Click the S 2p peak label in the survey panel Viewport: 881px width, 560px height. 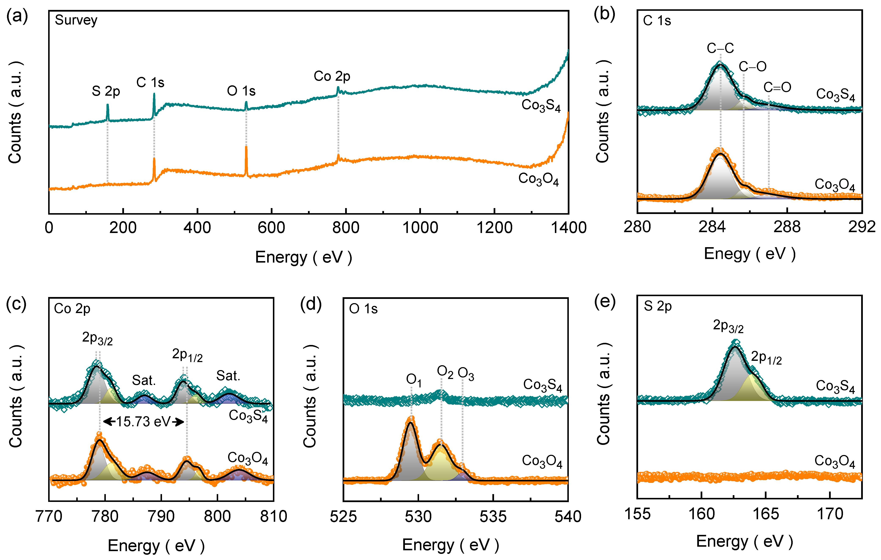click(x=106, y=91)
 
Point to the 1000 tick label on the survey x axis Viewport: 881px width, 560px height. click(x=420, y=228)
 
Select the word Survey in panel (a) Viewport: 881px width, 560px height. click(x=76, y=20)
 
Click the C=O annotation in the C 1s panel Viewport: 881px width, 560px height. click(x=777, y=87)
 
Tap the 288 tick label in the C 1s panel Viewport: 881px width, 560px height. click(x=787, y=227)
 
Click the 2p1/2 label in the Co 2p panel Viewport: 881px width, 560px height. click(x=187, y=355)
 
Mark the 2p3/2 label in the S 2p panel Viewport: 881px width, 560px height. click(x=728, y=326)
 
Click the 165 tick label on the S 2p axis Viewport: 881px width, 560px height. click(x=765, y=514)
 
